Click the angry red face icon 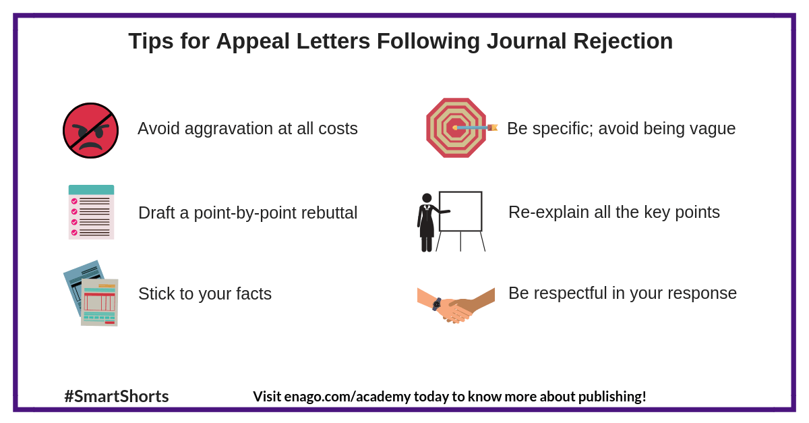pyautogui.click(x=90, y=130)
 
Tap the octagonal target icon pyautogui.click(x=456, y=128)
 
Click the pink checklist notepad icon pyautogui.click(x=91, y=212)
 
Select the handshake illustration pyautogui.click(x=456, y=304)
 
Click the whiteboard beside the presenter pyautogui.click(x=460, y=211)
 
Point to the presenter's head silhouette pyautogui.click(x=427, y=198)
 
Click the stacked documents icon pyautogui.click(x=91, y=293)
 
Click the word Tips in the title pyautogui.click(x=151, y=41)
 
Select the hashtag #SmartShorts pyautogui.click(x=117, y=396)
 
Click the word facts pyautogui.click(x=252, y=293)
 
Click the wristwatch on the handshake pyautogui.click(x=437, y=304)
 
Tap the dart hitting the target pyautogui.click(x=476, y=127)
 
